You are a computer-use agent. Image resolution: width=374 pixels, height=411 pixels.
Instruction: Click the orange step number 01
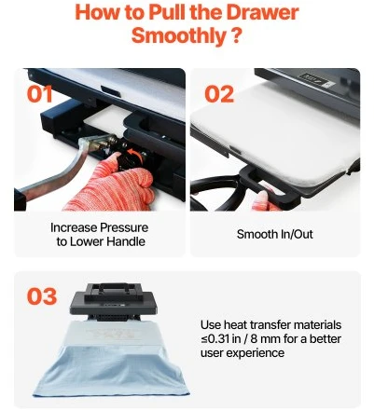(39, 94)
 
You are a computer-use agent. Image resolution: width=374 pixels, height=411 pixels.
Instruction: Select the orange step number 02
(219, 94)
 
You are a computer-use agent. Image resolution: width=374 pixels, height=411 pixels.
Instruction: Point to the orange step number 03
(42, 296)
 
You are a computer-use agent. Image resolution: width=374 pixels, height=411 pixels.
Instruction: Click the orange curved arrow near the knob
(137, 155)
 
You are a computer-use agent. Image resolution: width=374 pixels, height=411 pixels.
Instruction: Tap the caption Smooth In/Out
(274, 234)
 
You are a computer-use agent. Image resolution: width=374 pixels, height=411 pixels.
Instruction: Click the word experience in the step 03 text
(255, 353)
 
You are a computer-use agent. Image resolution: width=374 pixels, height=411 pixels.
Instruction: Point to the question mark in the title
(237, 35)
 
